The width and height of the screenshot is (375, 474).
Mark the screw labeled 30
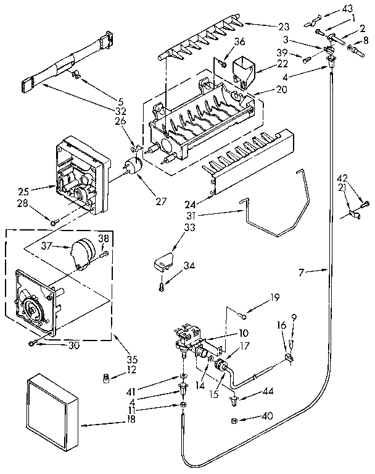pos(32,343)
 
